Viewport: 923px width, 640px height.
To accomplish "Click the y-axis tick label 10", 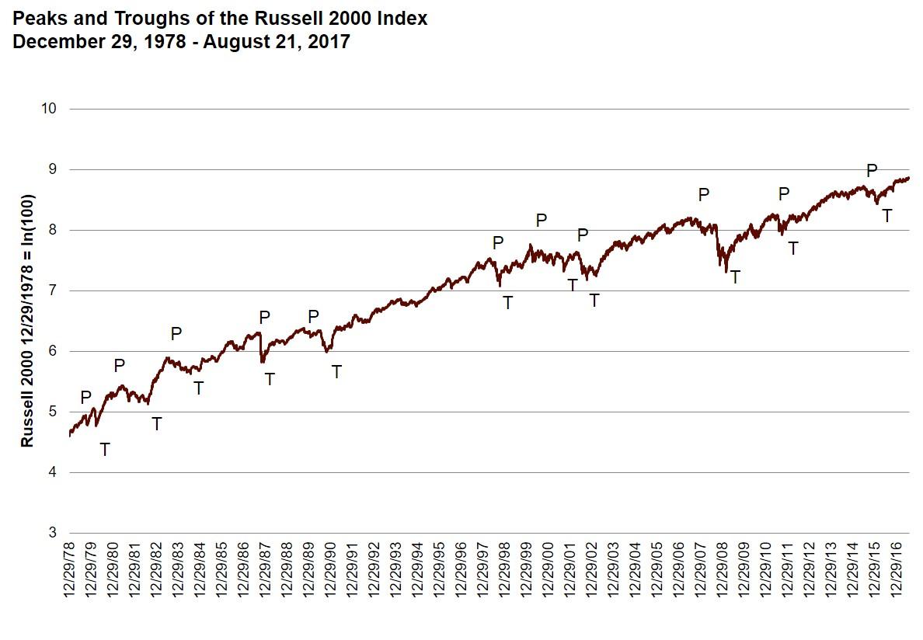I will coord(50,109).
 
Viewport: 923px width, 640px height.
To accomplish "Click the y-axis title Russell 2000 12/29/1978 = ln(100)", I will coord(27,321).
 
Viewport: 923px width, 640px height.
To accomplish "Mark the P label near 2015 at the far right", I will coord(871,171).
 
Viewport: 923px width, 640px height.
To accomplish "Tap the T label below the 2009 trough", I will coord(735,277).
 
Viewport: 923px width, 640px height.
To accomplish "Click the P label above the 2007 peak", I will coord(704,195).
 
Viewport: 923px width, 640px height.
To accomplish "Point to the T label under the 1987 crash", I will coord(270,380).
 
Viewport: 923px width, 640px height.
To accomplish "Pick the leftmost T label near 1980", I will coord(105,450).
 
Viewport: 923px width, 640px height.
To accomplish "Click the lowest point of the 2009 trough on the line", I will coord(726,271).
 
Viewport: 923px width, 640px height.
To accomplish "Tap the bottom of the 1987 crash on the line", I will coord(262,362).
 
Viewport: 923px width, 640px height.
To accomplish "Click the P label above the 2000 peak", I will coord(542,221).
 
